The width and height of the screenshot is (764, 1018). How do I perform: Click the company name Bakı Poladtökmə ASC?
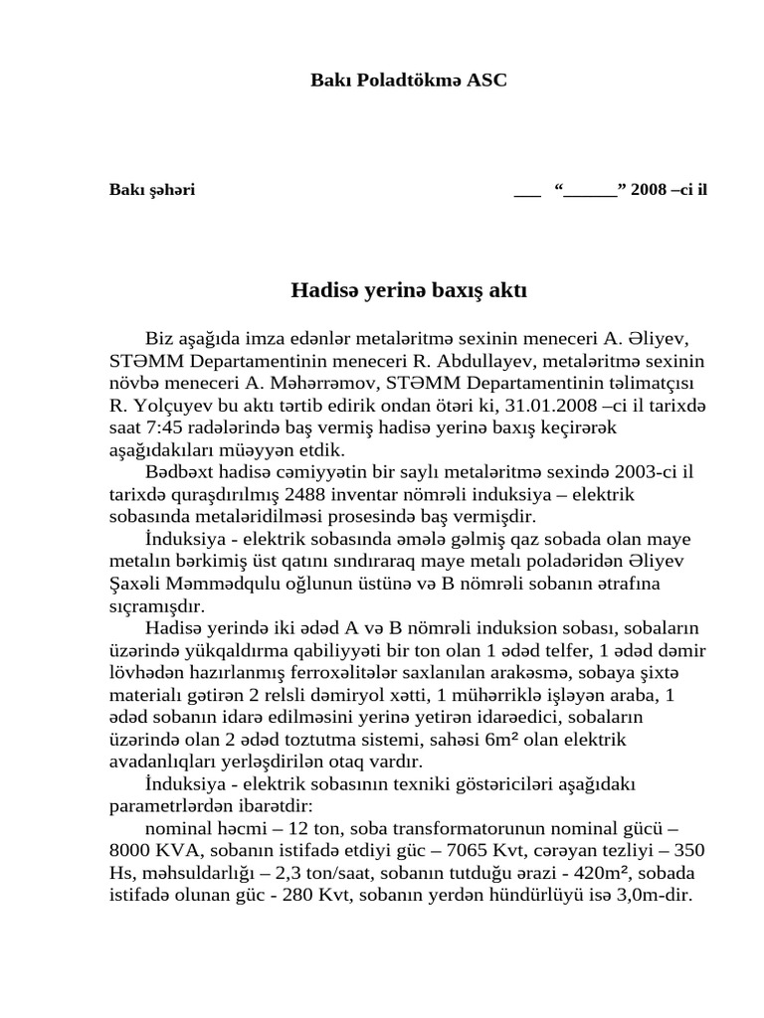409,80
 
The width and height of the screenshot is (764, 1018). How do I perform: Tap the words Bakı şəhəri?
152,190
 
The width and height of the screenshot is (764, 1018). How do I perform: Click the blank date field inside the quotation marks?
591,190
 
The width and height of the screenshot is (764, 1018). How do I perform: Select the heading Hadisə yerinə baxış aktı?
409,291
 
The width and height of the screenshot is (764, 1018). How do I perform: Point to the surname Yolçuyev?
183,406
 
